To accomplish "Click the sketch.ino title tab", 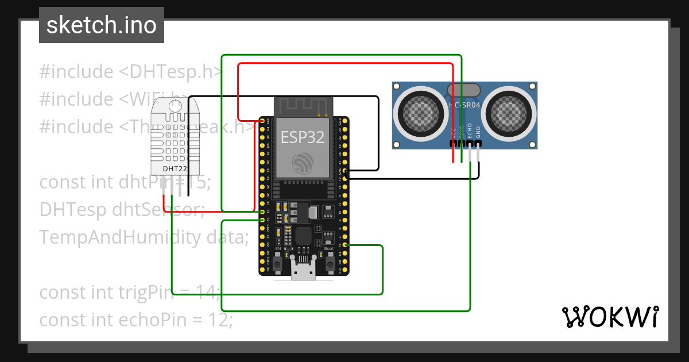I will click(x=102, y=25).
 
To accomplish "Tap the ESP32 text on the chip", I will click(x=302, y=137).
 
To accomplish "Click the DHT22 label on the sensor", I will click(x=174, y=169).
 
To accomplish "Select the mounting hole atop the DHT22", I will click(x=176, y=106).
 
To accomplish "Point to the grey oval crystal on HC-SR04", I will click(x=464, y=90).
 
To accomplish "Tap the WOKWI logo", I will click(x=610, y=316).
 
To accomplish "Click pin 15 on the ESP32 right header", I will click(x=344, y=245).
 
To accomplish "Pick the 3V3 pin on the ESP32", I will click(x=262, y=121).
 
